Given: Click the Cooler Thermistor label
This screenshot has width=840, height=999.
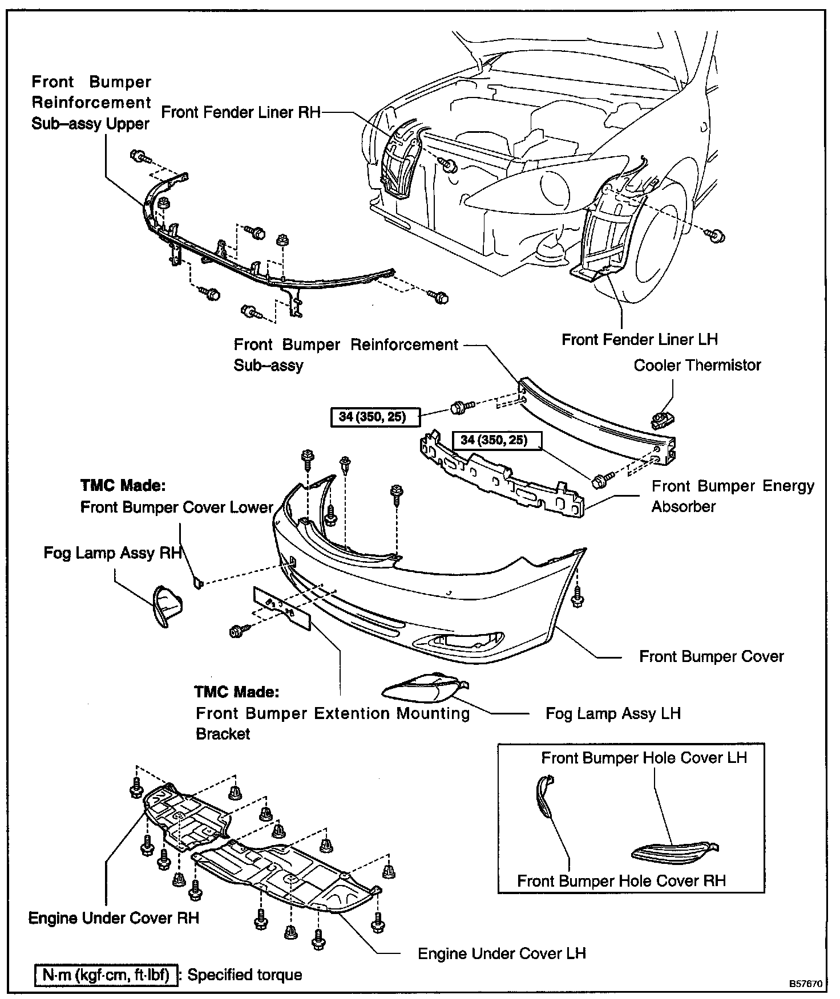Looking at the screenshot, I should [697, 365].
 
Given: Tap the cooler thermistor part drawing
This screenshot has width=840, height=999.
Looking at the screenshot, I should [662, 420].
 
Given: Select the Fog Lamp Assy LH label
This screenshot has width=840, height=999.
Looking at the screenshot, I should [613, 713].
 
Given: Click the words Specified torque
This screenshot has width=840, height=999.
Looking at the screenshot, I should [245, 974].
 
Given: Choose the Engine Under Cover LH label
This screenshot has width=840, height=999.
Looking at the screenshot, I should [502, 953].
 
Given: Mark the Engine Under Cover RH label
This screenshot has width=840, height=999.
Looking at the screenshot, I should [114, 918].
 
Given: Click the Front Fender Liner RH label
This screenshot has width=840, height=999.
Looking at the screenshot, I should [241, 112].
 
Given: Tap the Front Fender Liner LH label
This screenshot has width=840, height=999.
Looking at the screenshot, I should [639, 340].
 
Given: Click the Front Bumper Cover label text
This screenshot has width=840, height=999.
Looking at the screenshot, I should [711, 656].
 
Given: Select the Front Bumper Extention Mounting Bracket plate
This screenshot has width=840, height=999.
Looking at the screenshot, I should [282, 608].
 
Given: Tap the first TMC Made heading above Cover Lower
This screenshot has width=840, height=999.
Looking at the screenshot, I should [123, 486].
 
